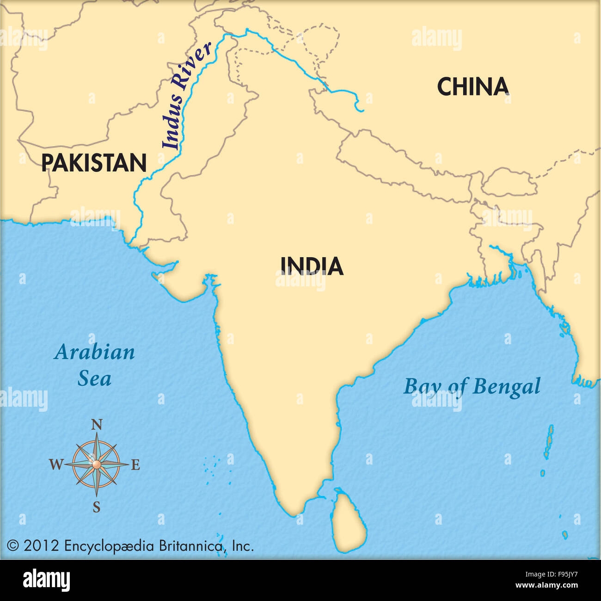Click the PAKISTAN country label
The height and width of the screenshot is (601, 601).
(x=94, y=163)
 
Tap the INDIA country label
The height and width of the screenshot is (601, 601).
(x=312, y=266)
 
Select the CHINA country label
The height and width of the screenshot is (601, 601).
(x=473, y=87)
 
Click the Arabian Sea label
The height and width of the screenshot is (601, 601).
(x=94, y=366)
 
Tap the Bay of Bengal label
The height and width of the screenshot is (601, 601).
(x=472, y=386)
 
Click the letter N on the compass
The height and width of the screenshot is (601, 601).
(x=96, y=425)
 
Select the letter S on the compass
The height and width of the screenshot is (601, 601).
(x=96, y=508)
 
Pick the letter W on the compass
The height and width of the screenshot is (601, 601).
(x=56, y=465)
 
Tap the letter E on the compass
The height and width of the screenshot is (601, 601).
(x=135, y=465)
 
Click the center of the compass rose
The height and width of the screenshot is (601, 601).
(x=96, y=464)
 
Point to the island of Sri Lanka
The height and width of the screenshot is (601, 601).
(x=350, y=520)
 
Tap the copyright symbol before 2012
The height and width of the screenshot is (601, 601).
(x=12, y=546)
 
